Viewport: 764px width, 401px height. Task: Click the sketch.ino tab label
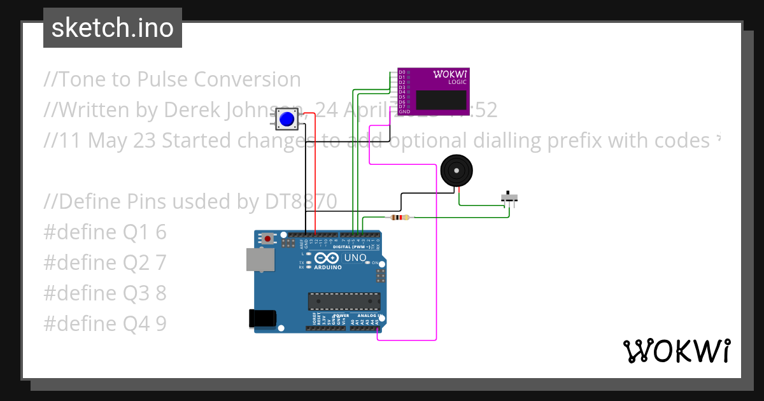[x=112, y=28]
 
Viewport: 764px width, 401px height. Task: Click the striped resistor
[x=399, y=218]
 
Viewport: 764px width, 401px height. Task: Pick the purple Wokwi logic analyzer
[x=434, y=92]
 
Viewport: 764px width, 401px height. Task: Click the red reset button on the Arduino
[x=269, y=239]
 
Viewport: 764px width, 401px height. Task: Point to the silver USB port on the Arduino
[x=260, y=260]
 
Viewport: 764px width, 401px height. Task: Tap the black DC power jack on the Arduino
[x=263, y=318]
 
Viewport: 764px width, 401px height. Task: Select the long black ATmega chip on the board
[x=344, y=301]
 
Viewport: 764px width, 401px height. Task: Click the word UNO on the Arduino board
[x=355, y=258]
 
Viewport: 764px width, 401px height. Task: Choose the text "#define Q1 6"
[x=105, y=232]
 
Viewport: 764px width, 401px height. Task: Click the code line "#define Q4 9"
[x=105, y=324]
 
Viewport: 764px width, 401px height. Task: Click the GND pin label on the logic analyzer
[x=404, y=111]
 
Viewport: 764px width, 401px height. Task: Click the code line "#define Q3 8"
[x=105, y=293]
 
